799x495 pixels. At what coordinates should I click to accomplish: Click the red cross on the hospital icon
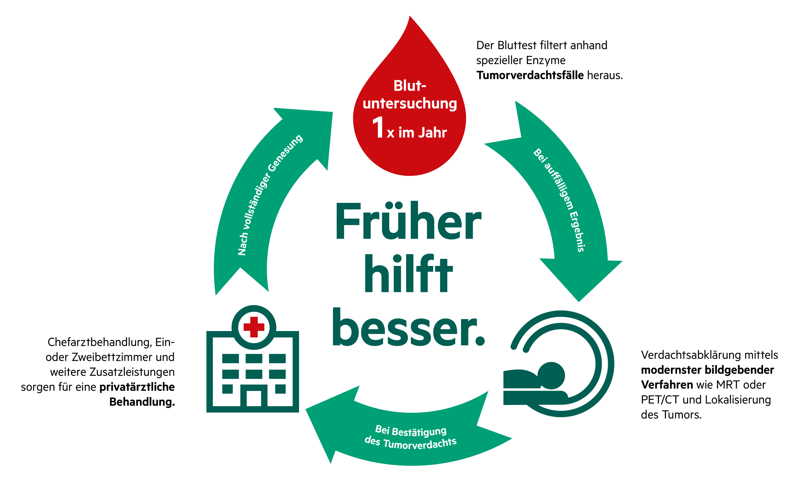[254, 327]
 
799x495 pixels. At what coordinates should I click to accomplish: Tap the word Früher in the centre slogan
[408, 221]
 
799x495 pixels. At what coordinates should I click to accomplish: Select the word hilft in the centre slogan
[409, 274]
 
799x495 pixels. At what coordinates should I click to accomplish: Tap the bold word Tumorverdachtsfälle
[530, 75]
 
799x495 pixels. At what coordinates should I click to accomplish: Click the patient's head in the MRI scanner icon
[551, 376]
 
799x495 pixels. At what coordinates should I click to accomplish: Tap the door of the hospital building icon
[254, 398]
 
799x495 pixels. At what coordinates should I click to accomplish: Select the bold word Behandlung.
[142, 402]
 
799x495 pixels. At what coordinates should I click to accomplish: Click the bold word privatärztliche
[137, 387]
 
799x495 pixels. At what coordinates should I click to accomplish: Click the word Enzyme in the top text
[546, 60]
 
